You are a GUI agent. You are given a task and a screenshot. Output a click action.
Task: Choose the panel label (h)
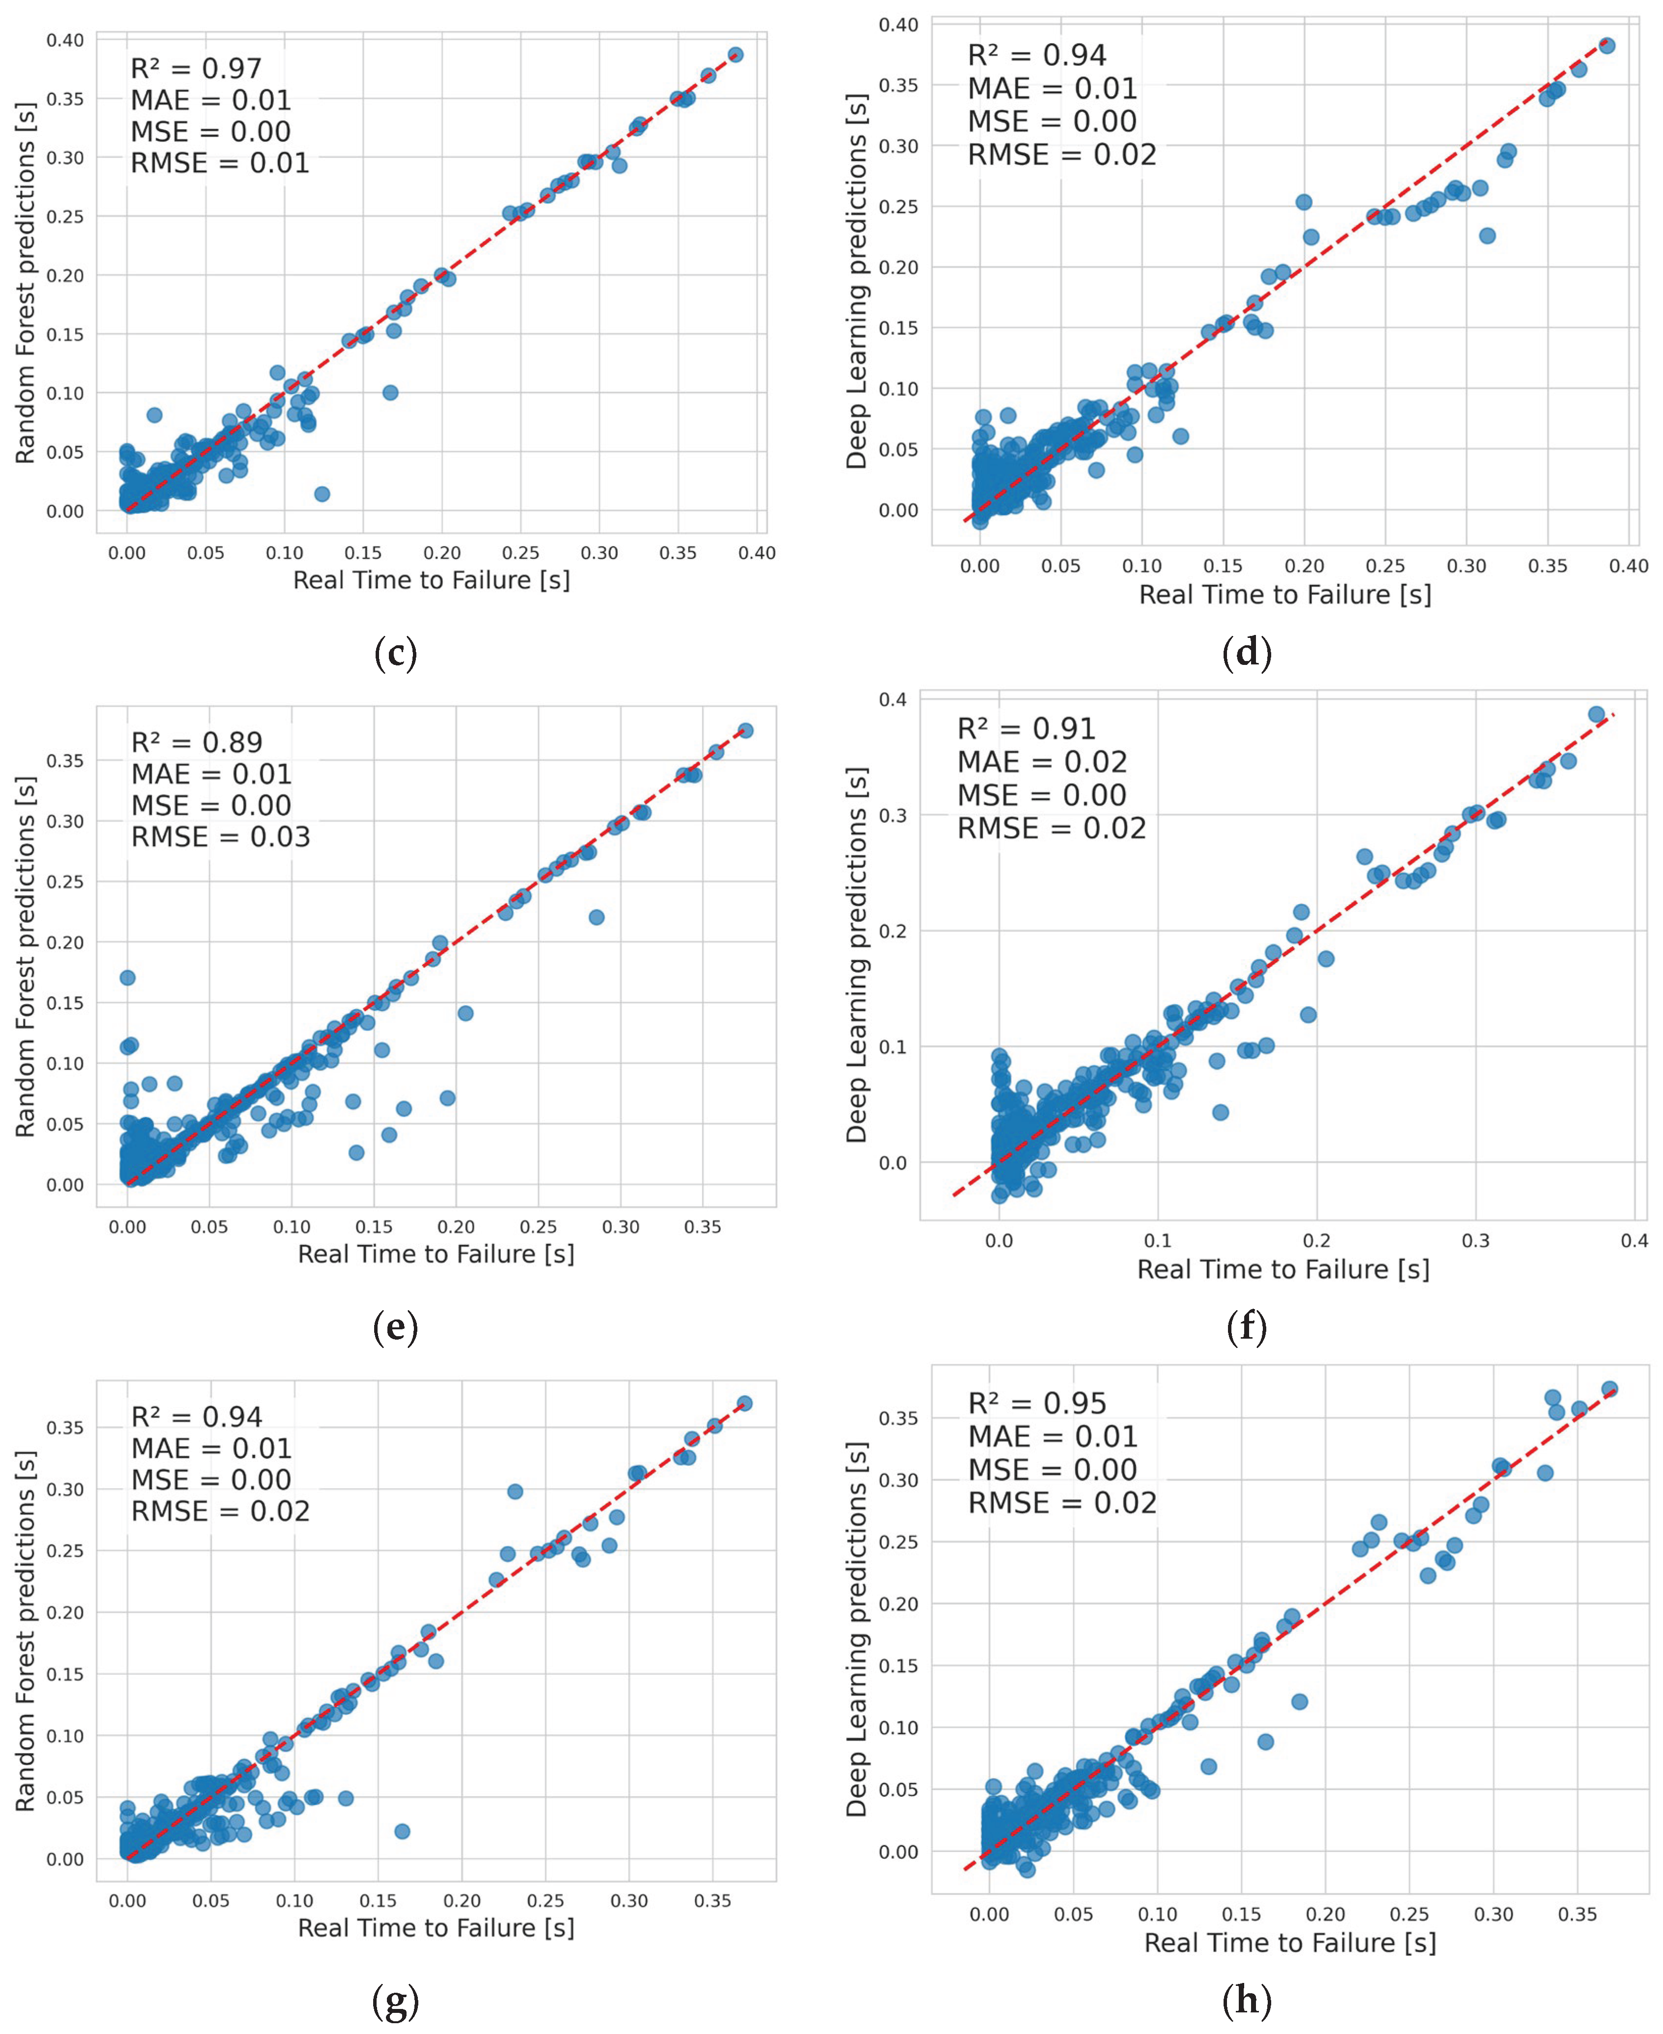(1247, 2000)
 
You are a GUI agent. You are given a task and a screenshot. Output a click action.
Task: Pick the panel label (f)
(1247, 1327)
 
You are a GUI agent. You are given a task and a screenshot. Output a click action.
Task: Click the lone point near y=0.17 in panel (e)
(127, 977)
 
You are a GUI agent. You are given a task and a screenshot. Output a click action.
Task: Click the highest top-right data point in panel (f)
(1596, 714)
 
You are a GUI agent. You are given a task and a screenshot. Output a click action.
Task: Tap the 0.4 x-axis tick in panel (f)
(1634, 1241)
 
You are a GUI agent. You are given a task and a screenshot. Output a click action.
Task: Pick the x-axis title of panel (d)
(1284, 595)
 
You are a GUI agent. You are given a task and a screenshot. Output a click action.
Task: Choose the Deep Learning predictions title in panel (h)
(855, 1629)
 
